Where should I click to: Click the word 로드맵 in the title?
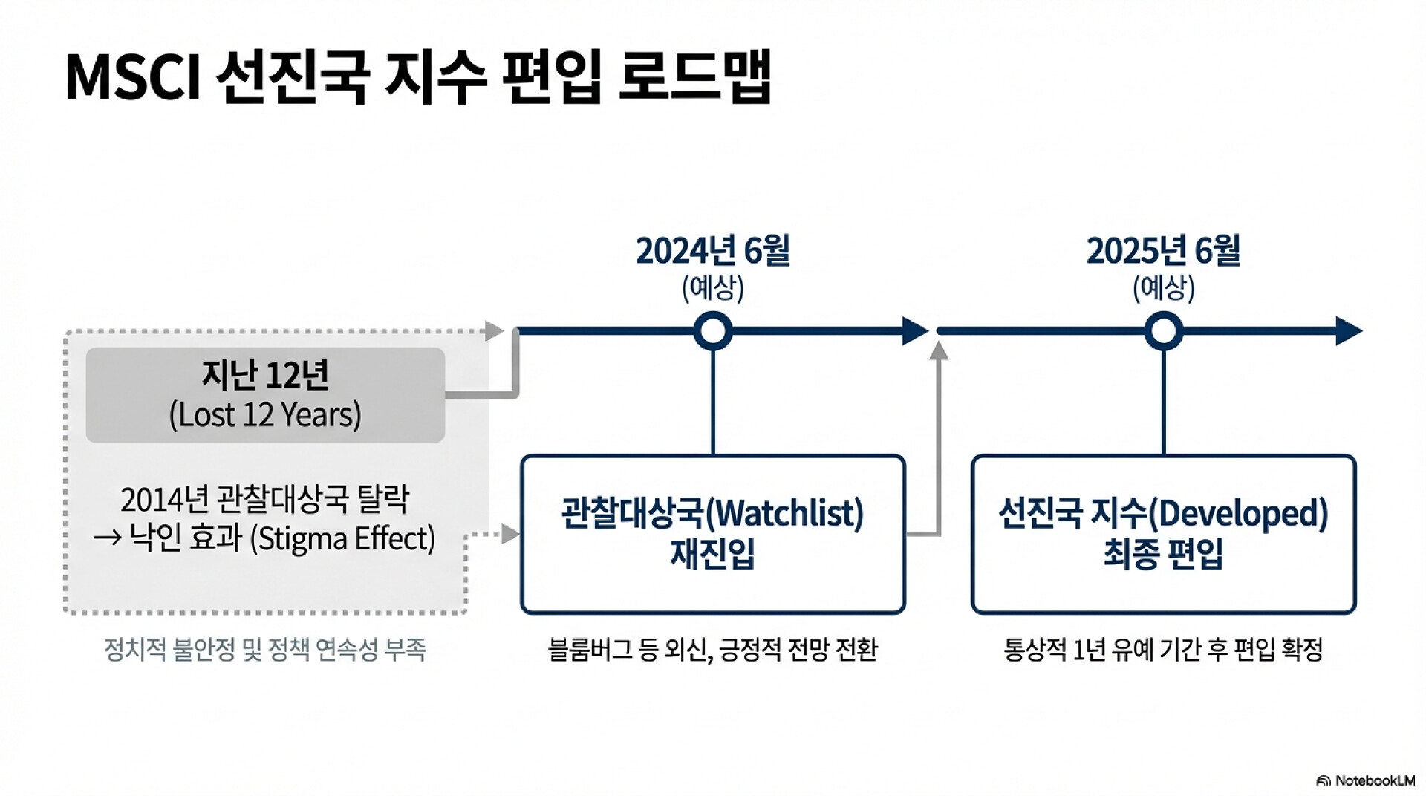(695, 77)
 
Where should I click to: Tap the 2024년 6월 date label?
(712, 251)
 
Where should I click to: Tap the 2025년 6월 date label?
(1163, 251)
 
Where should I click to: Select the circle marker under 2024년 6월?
(713, 331)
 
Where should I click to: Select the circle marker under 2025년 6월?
(1163, 331)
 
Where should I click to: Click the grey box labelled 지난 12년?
(265, 395)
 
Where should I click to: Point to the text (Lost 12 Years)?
(265, 415)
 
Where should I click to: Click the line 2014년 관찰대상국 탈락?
(264, 500)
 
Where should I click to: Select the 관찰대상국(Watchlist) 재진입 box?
(713, 534)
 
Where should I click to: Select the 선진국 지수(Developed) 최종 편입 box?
(1163, 534)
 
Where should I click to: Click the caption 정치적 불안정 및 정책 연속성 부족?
(264, 650)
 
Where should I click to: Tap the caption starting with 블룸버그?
(713, 650)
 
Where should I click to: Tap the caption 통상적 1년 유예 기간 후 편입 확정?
(1163, 650)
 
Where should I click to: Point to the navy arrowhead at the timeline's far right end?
(1349, 331)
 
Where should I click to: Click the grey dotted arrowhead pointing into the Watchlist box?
(510, 534)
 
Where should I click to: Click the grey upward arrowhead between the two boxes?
(939, 350)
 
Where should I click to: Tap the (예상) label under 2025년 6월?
(1163, 288)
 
